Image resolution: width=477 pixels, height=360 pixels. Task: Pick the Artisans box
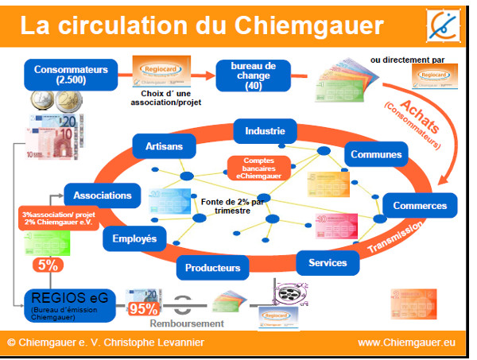point(164,146)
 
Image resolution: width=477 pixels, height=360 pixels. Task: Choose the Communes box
point(374,153)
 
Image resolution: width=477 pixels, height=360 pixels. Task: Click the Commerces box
point(419,205)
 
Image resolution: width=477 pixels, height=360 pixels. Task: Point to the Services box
point(328,262)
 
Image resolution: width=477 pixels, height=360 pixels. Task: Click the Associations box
point(103,195)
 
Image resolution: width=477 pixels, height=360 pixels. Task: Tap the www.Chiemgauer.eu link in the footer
point(406,343)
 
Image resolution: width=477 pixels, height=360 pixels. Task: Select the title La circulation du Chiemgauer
point(201,25)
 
